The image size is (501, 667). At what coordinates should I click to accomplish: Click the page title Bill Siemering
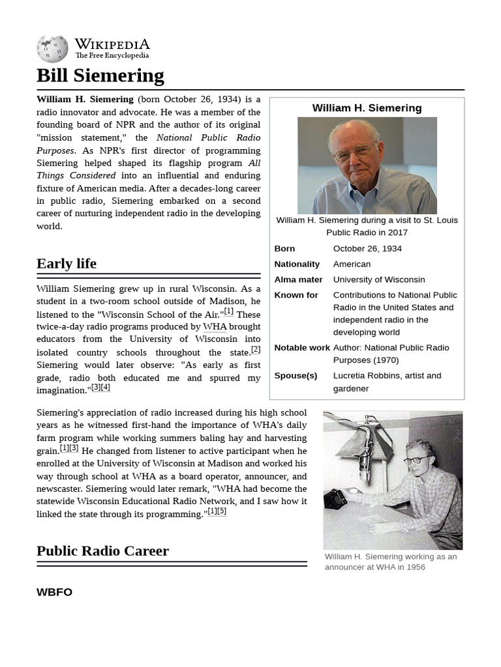(x=100, y=76)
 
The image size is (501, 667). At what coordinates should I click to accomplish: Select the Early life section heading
(x=66, y=263)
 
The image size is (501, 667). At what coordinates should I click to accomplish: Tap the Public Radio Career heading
(x=102, y=550)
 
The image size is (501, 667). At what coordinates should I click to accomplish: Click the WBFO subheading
(x=54, y=592)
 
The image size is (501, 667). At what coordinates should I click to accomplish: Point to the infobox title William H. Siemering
(x=367, y=108)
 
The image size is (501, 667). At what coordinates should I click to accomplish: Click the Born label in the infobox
(x=284, y=248)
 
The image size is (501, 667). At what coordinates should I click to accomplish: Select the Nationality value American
(x=352, y=264)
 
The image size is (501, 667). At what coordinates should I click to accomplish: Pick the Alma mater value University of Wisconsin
(x=378, y=279)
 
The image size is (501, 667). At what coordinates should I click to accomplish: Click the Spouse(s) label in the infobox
(x=296, y=375)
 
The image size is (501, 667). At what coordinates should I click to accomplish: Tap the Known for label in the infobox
(x=296, y=295)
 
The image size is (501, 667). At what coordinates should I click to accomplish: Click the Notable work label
(x=302, y=347)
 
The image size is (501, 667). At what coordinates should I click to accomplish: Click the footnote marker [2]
(x=255, y=349)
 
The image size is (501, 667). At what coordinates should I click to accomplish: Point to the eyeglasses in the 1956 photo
(x=415, y=459)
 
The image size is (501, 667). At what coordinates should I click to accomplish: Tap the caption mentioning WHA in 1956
(x=390, y=561)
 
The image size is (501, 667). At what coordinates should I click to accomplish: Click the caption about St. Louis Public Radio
(x=367, y=226)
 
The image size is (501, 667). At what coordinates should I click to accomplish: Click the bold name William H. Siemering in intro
(x=85, y=99)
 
